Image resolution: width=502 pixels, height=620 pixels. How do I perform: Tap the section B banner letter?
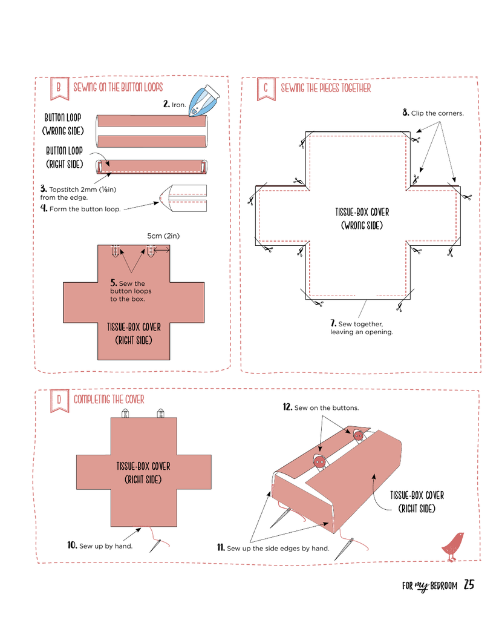click(x=58, y=88)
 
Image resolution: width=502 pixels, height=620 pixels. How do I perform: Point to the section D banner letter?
click(x=59, y=400)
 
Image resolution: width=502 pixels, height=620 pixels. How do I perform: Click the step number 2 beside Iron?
click(x=166, y=104)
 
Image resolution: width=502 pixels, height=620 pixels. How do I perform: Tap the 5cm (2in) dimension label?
click(x=163, y=236)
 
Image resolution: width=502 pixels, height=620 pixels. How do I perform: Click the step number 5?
click(x=113, y=283)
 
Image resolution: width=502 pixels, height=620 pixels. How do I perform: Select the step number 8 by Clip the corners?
click(x=406, y=113)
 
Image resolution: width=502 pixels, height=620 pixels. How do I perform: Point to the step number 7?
click(x=333, y=323)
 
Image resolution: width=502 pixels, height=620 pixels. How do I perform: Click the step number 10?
click(x=72, y=545)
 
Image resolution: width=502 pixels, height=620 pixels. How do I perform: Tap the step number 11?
click(x=221, y=548)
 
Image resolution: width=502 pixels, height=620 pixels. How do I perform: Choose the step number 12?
click(x=287, y=407)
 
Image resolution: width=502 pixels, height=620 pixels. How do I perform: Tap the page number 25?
click(x=469, y=585)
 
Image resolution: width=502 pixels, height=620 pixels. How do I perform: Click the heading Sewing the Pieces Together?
click(x=326, y=88)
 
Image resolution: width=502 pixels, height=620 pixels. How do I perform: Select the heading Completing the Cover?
click(x=109, y=400)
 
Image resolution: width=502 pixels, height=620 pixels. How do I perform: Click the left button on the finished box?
click(x=319, y=462)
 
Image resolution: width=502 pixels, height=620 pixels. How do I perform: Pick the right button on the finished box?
click(x=358, y=435)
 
